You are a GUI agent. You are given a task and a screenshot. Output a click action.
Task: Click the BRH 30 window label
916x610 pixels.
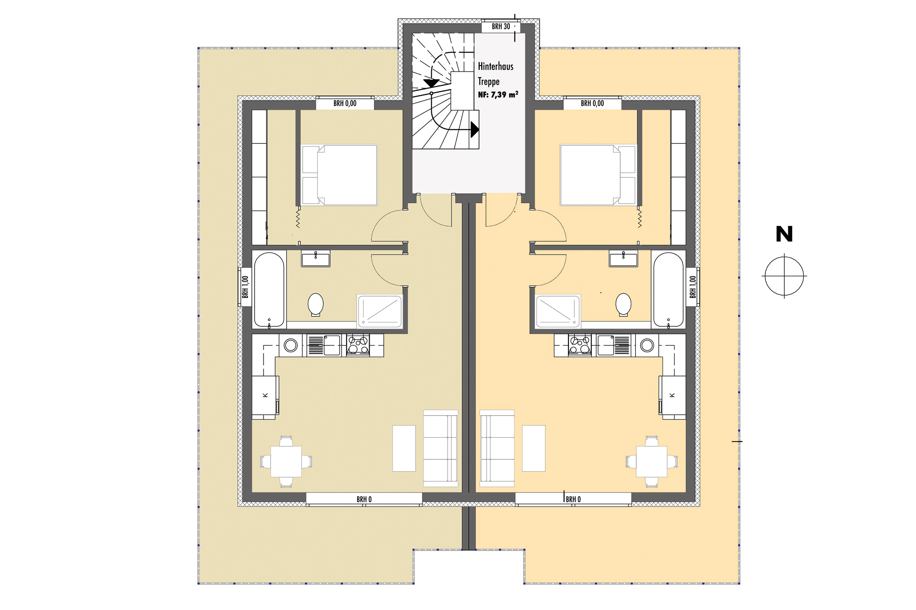point(500,26)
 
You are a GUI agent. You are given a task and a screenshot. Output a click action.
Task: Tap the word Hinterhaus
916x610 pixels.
point(495,66)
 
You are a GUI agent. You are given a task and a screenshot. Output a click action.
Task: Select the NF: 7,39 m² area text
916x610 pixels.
point(498,95)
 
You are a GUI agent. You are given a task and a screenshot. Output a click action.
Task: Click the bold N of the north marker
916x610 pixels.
point(784,234)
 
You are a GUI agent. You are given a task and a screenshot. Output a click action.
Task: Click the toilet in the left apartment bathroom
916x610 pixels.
point(316,305)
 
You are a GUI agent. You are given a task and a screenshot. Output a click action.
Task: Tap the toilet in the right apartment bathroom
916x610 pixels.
point(624,304)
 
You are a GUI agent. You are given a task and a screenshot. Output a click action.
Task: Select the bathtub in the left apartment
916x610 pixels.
point(269,290)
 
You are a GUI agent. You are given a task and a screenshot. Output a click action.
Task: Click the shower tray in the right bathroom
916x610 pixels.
point(558,311)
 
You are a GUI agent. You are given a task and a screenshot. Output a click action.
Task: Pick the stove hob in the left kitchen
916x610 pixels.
point(358,345)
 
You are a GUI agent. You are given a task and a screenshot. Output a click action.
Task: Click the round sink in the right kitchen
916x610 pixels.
point(647,345)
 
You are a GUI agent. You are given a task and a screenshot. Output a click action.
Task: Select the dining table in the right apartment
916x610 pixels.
point(652,461)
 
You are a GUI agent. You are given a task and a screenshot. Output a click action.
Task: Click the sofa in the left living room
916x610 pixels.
point(440,448)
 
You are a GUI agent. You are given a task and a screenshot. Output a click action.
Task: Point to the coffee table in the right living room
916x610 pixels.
point(534,448)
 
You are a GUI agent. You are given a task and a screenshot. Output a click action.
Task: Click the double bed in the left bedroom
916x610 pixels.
point(339,175)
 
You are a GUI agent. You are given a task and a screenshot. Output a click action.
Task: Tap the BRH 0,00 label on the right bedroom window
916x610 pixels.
point(592,103)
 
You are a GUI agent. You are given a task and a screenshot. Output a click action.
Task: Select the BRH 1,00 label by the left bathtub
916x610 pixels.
point(245,287)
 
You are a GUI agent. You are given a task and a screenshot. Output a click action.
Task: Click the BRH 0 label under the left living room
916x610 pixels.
point(364,499)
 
